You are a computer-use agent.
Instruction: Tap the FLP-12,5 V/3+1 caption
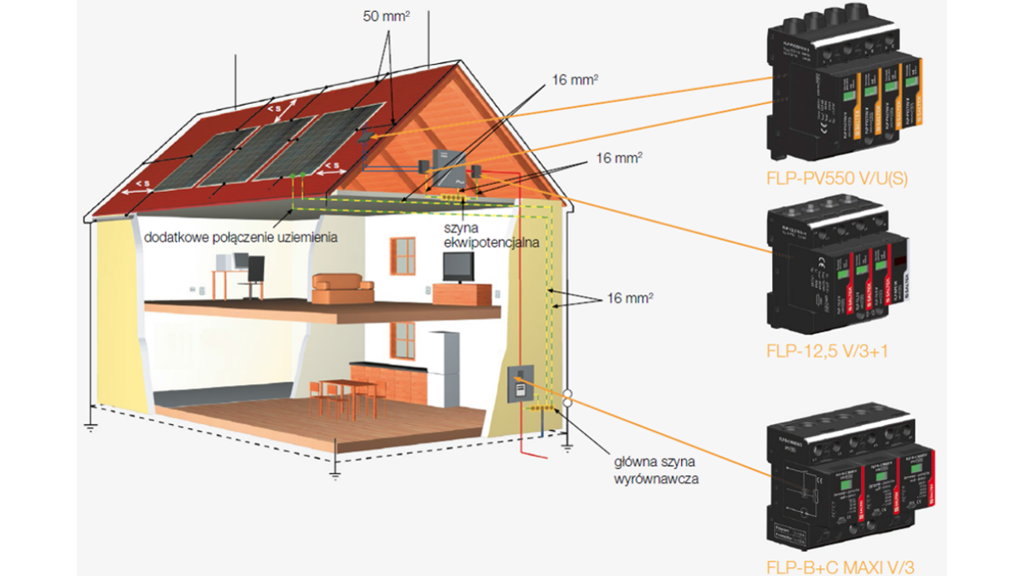tap(827, 350)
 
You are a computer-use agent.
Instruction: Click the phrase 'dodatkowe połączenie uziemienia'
tap(241, 236)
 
